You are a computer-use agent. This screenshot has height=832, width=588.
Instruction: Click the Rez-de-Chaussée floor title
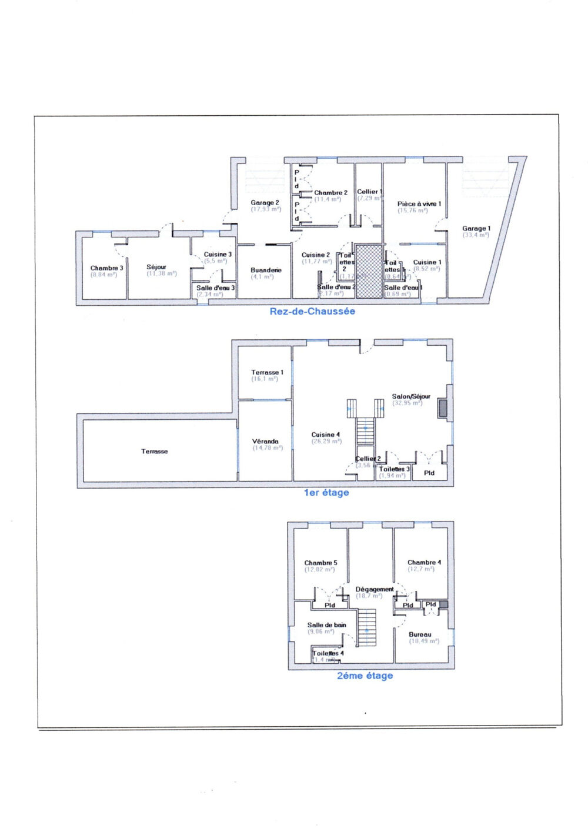[x=312, y=311]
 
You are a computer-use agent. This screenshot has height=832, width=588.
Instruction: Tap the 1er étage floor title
[x=326, y=493]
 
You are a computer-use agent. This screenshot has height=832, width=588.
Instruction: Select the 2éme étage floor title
[x=365, y=676]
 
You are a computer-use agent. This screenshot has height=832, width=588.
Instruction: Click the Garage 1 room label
[x=476, y=228]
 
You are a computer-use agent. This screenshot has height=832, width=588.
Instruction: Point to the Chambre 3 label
[x=106, y=268]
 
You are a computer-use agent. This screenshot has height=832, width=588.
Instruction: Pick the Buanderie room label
[x=266, y=270]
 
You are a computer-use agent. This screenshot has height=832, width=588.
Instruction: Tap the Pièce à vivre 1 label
[x=419, y=204]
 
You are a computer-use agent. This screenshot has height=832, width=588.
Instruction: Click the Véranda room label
[x=265, y=441]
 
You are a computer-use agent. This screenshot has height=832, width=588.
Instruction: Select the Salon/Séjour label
[x=411, y=396]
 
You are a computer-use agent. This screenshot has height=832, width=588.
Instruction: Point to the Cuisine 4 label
[x=326, y=435]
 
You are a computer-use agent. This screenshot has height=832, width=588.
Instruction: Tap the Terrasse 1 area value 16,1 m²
[x=265, y=379]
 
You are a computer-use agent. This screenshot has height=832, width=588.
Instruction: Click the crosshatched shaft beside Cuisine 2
[x=369, y=271]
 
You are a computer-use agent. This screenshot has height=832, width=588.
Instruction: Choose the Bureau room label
[x=420, y=634]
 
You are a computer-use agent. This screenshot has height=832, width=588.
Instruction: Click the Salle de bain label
[x=326, y=625]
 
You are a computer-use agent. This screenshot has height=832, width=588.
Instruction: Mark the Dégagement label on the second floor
[x=375, y=589]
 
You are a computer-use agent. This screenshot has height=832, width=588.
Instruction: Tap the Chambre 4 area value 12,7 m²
[x=421, y=569]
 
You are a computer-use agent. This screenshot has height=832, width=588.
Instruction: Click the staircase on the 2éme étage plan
[x=367, y=627]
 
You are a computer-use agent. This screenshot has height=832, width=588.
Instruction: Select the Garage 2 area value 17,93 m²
[x=266, y=209]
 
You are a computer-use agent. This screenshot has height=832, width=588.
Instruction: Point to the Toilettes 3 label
[x=394, y=469]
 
